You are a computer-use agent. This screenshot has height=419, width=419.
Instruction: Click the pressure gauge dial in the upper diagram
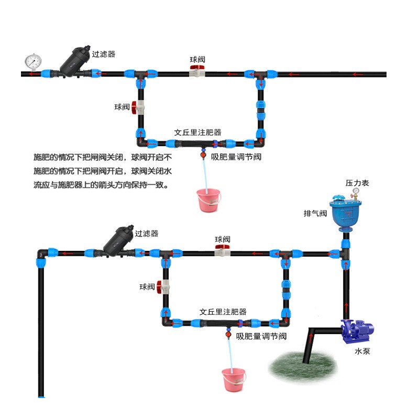[x=33, y=61]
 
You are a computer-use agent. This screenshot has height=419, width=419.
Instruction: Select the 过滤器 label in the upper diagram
[x=103, y=54]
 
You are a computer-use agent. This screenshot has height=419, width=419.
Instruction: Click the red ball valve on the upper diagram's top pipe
[x=197, y=73]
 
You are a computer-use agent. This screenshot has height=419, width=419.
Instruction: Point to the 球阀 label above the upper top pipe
[x=197, y=60]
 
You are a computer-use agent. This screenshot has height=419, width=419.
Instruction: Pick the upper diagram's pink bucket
[x=208, y=201]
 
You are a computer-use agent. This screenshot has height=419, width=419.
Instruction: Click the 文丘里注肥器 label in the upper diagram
[x=197, y=133]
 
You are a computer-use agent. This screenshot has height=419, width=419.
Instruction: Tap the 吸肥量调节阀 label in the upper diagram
[x=236, y=157]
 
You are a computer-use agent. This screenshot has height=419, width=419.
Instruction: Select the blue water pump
[x=358, y=331]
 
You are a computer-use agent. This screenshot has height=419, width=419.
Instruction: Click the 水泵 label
[x=362, y=351]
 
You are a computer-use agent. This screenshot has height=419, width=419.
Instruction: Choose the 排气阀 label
[x=315, y=214]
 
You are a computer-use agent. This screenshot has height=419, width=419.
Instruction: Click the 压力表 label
[x=357, y=183]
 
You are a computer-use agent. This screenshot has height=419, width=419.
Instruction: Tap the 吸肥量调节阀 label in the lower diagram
[x=261, y=336]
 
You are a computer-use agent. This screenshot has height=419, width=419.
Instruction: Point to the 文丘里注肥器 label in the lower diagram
[x=223, y=312]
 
